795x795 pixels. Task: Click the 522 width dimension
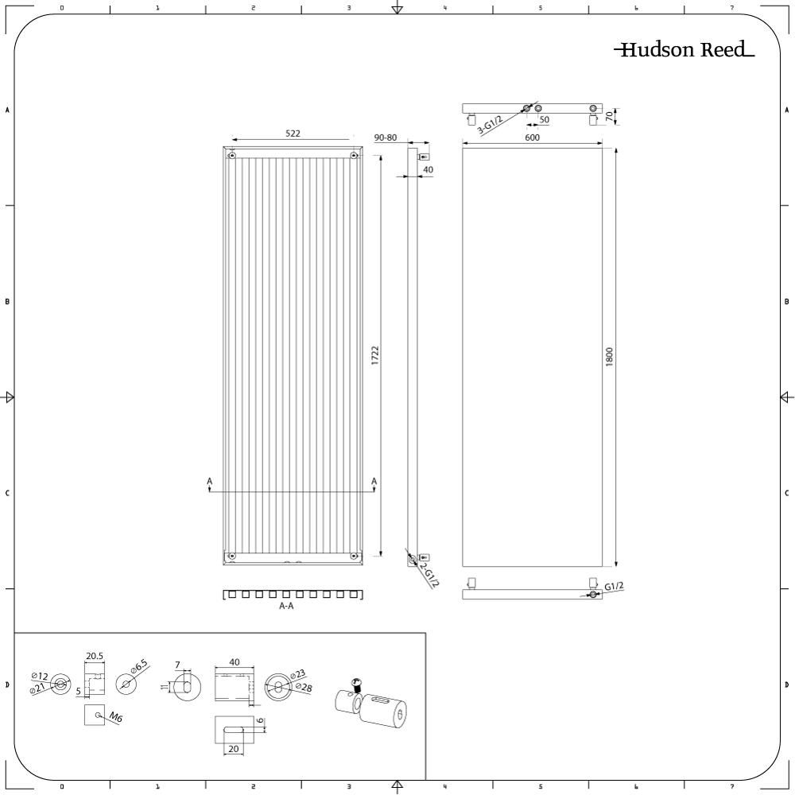(293, 134)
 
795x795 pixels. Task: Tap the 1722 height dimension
(375, 355)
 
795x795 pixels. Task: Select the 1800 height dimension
(610, 355)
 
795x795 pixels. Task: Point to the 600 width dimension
(532, 138)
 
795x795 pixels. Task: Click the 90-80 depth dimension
(385, 138)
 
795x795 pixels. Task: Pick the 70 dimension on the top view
(610, 116)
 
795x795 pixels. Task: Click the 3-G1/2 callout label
(490, 131)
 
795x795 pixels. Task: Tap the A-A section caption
(287, 606)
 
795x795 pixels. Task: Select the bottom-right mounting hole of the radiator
(353, 555)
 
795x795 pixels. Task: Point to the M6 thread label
(115, 718)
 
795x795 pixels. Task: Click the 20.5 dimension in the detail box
(95, 656)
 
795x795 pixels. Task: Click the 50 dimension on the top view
(544, 120)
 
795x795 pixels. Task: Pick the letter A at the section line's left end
(209, 481)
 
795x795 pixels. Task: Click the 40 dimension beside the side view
(428, 169)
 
